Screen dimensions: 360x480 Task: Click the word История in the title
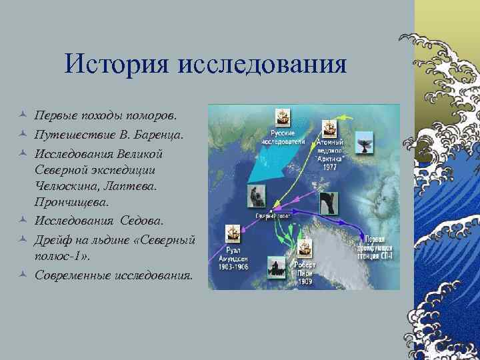pyautogui.click(x=116, y=65)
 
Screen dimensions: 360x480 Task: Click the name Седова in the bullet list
pyautogui.click(x=147, y=220)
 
